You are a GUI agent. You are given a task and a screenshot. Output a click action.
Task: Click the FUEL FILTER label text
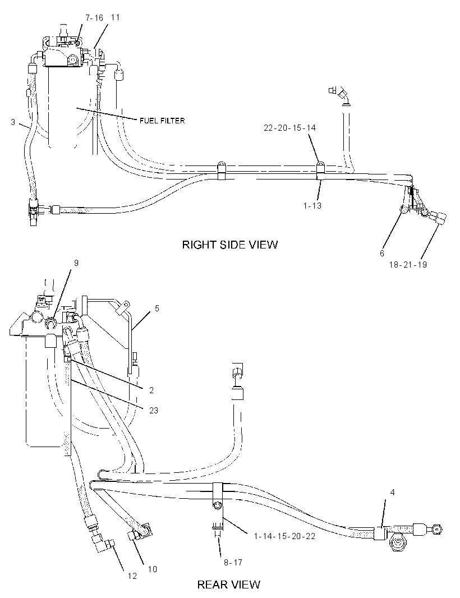[162, 121]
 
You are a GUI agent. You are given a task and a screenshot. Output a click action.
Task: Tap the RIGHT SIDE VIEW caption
[229, 245]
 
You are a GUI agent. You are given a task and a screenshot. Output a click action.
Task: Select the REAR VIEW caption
[228, 585]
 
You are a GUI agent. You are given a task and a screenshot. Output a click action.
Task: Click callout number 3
[13, 122]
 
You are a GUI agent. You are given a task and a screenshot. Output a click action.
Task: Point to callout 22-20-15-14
[290, 128]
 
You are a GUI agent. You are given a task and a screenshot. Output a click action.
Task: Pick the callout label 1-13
[312, 206]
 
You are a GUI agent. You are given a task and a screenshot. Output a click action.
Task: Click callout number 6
[382, 253]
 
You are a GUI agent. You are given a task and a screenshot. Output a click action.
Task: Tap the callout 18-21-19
[408, 264]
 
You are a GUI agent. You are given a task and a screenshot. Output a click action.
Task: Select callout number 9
[76, 263]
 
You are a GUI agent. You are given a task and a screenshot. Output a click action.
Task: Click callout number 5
[157, 308]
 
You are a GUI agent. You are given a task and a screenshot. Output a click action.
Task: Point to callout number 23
[153, 411]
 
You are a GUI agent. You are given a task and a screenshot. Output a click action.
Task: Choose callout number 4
[393, 493]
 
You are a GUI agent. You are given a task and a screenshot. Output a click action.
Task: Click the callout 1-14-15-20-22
[284, 536]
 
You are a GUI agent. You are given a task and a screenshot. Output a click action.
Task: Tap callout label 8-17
[233, 562]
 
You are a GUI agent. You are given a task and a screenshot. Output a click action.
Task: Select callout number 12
[132, 576]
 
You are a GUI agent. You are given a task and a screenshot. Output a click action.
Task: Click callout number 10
[152, 569]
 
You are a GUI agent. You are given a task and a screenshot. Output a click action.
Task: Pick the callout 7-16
[94, 18]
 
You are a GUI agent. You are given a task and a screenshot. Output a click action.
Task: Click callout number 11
[115, 17]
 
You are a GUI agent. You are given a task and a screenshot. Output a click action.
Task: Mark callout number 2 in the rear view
[151, 390]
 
